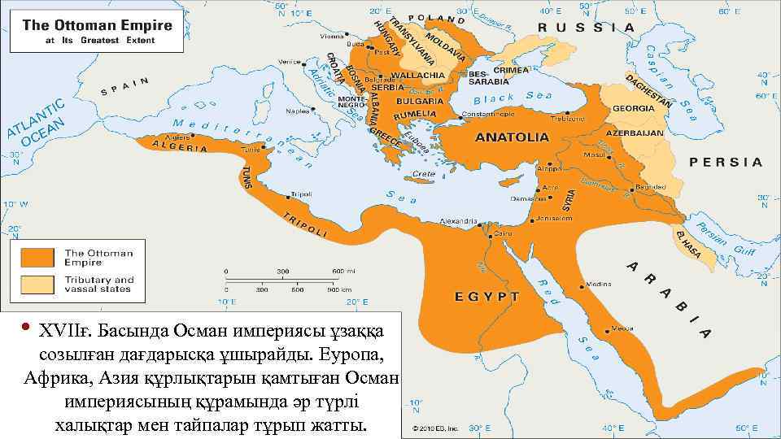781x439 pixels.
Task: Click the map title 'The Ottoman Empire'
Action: click(97, 25)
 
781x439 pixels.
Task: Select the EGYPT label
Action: click(486, 296)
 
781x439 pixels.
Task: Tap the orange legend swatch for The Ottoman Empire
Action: click(37, 257)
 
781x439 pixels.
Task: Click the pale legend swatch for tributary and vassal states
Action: click(37, 285)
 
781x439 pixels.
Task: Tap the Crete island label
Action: click(425, 174)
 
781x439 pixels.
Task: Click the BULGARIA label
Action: click(421, 101)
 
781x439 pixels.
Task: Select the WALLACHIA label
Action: click(421, 75)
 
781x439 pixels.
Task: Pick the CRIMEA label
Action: click(510, 70)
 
